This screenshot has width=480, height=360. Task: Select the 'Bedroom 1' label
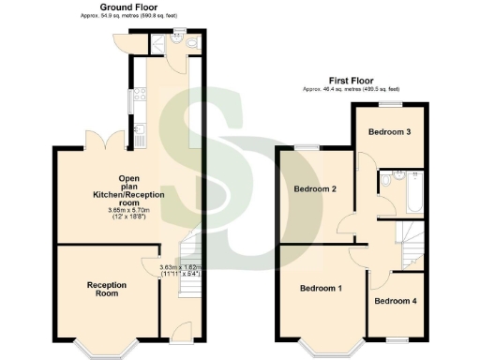tap(321, 288)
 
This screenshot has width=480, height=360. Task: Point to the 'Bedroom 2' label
tap(315, 189)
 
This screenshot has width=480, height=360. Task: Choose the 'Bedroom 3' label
tap(389, 132)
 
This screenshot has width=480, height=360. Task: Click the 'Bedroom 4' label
tap(396, 301)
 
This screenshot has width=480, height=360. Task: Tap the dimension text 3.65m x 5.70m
tap(128, 211)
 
